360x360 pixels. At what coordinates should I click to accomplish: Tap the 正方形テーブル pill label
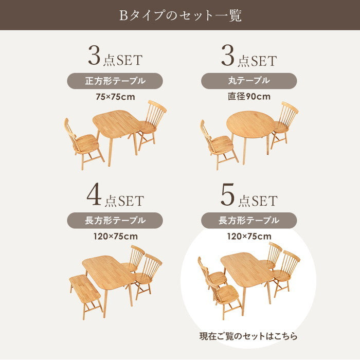(x=115, y=81)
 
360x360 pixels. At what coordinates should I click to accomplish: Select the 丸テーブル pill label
(x=249, y=81)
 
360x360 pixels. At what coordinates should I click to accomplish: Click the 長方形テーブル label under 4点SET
(x=115, y=221)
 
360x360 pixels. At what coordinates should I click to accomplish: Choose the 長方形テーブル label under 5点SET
(x=249, y=221)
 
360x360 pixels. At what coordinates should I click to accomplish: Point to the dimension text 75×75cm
(x=115, y=96)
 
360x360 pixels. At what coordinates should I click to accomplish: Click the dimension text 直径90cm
(x=249, y=96)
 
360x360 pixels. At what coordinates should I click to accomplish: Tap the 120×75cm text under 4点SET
(x=115, y=237)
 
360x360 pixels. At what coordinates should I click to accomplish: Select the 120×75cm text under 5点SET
(x=249, y=237)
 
